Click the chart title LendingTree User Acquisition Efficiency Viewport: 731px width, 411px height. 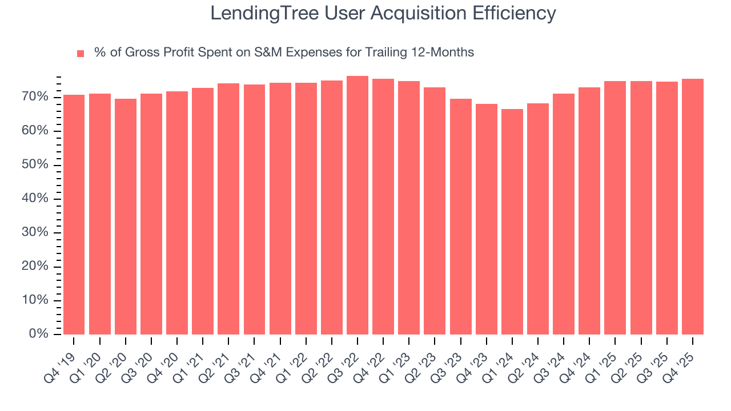(x=383, y=13)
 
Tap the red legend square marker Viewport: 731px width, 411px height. (x=81, y=53)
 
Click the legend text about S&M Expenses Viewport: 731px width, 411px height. (x=284, y=53)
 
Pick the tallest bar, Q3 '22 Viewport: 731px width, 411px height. (x=358, y=205)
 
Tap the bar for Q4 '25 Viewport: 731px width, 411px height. (x=692, y=206)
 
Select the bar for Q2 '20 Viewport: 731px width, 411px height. (x=126, y=216)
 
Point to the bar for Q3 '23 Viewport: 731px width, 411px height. (x=460, y=216)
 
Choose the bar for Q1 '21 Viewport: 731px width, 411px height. (x=203, y=211)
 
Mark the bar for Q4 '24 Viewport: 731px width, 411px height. (x=589, y=211)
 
